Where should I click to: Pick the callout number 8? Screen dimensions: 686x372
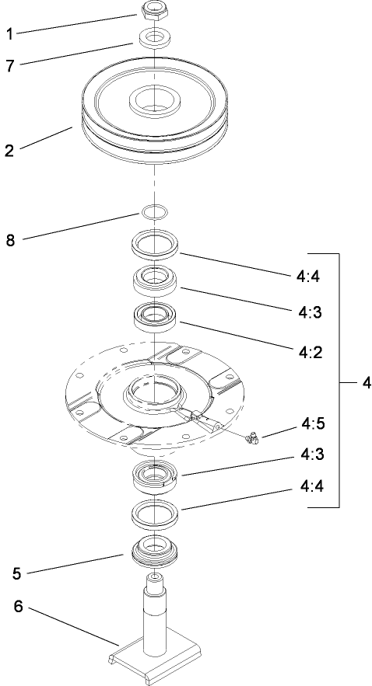(11, 241)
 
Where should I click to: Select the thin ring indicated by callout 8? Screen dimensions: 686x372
(153, 212)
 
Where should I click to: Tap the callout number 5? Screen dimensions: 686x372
(17, 575)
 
